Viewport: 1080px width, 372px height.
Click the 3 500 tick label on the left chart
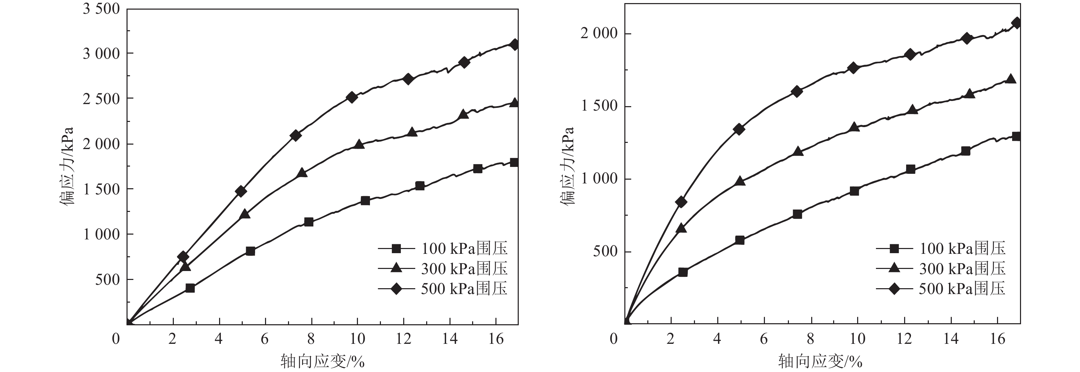point(101,9)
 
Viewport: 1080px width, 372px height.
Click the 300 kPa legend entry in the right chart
point(962,269)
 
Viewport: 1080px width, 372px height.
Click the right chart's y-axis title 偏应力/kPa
point(568,166)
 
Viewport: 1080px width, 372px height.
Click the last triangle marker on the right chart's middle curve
point(1010,79)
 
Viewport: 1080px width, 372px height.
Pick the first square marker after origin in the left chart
point(190,288)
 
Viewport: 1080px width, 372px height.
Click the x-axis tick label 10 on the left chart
point(357,338)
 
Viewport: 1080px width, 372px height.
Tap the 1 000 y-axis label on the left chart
point(101,234)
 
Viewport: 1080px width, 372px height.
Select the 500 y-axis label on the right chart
point(605,252)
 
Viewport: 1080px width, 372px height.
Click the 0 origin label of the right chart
point(614,338)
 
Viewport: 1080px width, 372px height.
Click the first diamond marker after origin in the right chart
point(681,202)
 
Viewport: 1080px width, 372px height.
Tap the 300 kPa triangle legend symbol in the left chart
point(396,268)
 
